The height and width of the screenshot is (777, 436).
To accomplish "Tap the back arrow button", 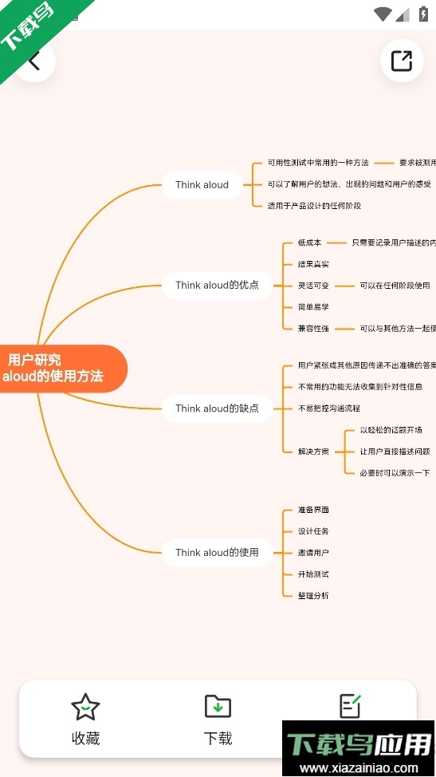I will point(33,61).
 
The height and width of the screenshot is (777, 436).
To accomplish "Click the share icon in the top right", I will point(402,61).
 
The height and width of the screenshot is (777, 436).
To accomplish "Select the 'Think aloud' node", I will point(202,185).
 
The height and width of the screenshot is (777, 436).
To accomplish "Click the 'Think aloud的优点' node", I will point(217,285).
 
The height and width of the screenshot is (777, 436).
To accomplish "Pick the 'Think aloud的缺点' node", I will point(217,408).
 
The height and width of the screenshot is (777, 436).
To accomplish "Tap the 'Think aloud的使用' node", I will point(217,552).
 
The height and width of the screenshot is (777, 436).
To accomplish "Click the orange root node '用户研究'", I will point(56,368).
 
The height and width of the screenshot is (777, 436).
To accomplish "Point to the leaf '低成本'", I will point(309,243).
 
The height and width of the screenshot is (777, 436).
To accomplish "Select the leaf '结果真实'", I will point(313,264).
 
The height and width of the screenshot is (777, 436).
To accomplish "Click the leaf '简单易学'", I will point(313,307).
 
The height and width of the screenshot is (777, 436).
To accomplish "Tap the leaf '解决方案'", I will point(313,452).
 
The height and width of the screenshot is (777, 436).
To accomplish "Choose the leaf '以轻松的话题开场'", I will point(391,430).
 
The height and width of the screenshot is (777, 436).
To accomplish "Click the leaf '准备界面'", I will point(313,510).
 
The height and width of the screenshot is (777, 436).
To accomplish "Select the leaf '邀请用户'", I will point(313,553).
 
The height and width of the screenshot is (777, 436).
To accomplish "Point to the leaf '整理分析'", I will point(313,596).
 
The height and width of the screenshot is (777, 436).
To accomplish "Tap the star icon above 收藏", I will point(85,706).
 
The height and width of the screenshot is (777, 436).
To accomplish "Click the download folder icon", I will point(218,706).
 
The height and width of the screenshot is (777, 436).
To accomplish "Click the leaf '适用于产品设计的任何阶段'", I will point(314,206).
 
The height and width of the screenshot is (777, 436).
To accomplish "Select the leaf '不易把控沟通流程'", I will point(328,408).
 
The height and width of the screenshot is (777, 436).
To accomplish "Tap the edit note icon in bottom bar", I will point(350,705).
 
